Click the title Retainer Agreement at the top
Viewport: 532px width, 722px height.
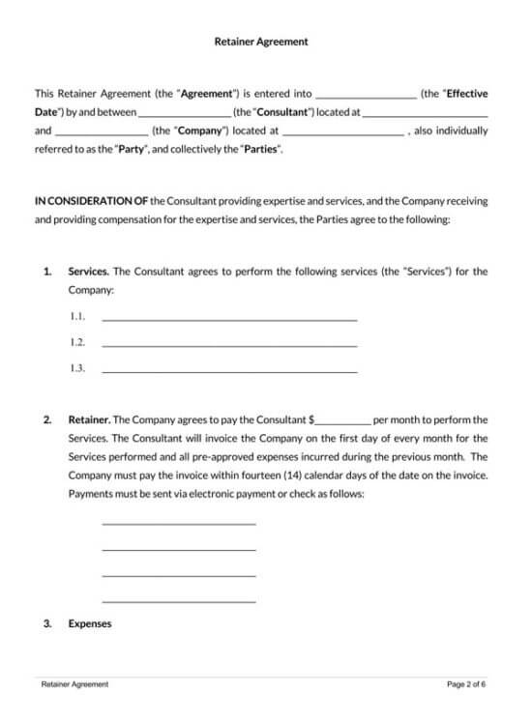coord(260,42)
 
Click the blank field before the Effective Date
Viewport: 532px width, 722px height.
coord(366,96)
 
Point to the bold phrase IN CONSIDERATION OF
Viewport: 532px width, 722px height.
coord(91,201)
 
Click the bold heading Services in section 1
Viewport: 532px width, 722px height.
coord(88,272)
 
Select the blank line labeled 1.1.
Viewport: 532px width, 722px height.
coord(229,318)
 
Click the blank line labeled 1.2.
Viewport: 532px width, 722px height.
coord(229,344)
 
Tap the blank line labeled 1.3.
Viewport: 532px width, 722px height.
coord(229,370)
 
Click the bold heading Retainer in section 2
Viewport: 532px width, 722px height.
coord(89,420)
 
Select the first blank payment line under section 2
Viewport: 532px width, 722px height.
coord(179,523)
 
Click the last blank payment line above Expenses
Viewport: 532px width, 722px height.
coord(179,601)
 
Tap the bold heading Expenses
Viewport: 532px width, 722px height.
coord(90,623)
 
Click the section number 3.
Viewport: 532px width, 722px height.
coord(47,623)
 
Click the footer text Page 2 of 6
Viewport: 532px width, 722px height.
coord(466,684)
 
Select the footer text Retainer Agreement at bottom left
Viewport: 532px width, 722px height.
coord(74,684)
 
